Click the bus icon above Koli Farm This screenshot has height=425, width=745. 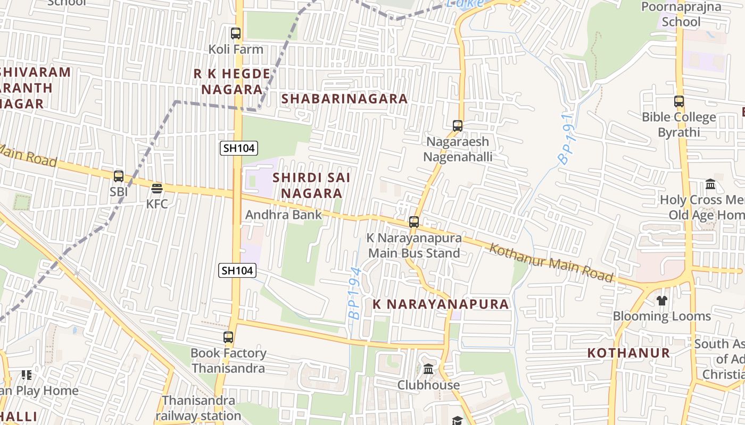(x=236, y=33)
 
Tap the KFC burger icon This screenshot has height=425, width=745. (x=157, y=188)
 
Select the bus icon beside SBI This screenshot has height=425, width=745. (x=119, y=176)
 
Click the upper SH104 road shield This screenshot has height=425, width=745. (x=239, y=148)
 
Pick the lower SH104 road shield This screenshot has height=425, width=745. (x=237, y=270)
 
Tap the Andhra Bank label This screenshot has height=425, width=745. (x=284, y=215)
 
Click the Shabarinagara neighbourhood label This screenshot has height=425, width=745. (x=344, y=99)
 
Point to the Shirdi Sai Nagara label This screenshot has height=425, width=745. (x=311, y=185)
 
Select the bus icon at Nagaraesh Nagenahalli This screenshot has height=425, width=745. (x=458, y=126)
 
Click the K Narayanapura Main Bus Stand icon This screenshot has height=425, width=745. (x=414, y=222)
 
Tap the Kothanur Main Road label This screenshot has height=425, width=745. (x=551, y=262)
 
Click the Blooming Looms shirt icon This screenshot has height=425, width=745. (x=661, y=301)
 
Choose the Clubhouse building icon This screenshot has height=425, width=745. (x=428, y=369)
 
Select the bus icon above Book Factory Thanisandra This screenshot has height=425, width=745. (x=228, y=337)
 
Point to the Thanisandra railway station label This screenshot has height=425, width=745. (x=198, y=408)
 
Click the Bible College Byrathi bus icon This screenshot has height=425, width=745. (x=679, y=101)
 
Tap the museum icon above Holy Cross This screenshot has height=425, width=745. (x=710, y=184)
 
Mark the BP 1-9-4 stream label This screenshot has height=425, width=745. (x=355, y=293)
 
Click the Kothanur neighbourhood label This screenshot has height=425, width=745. (x=628, y=353)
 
